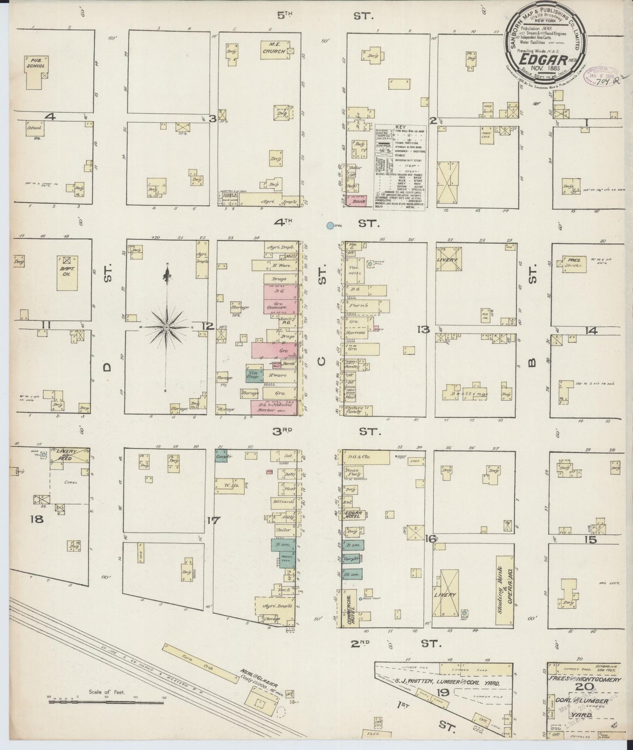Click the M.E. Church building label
274,47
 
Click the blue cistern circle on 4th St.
329,226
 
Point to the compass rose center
166,327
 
